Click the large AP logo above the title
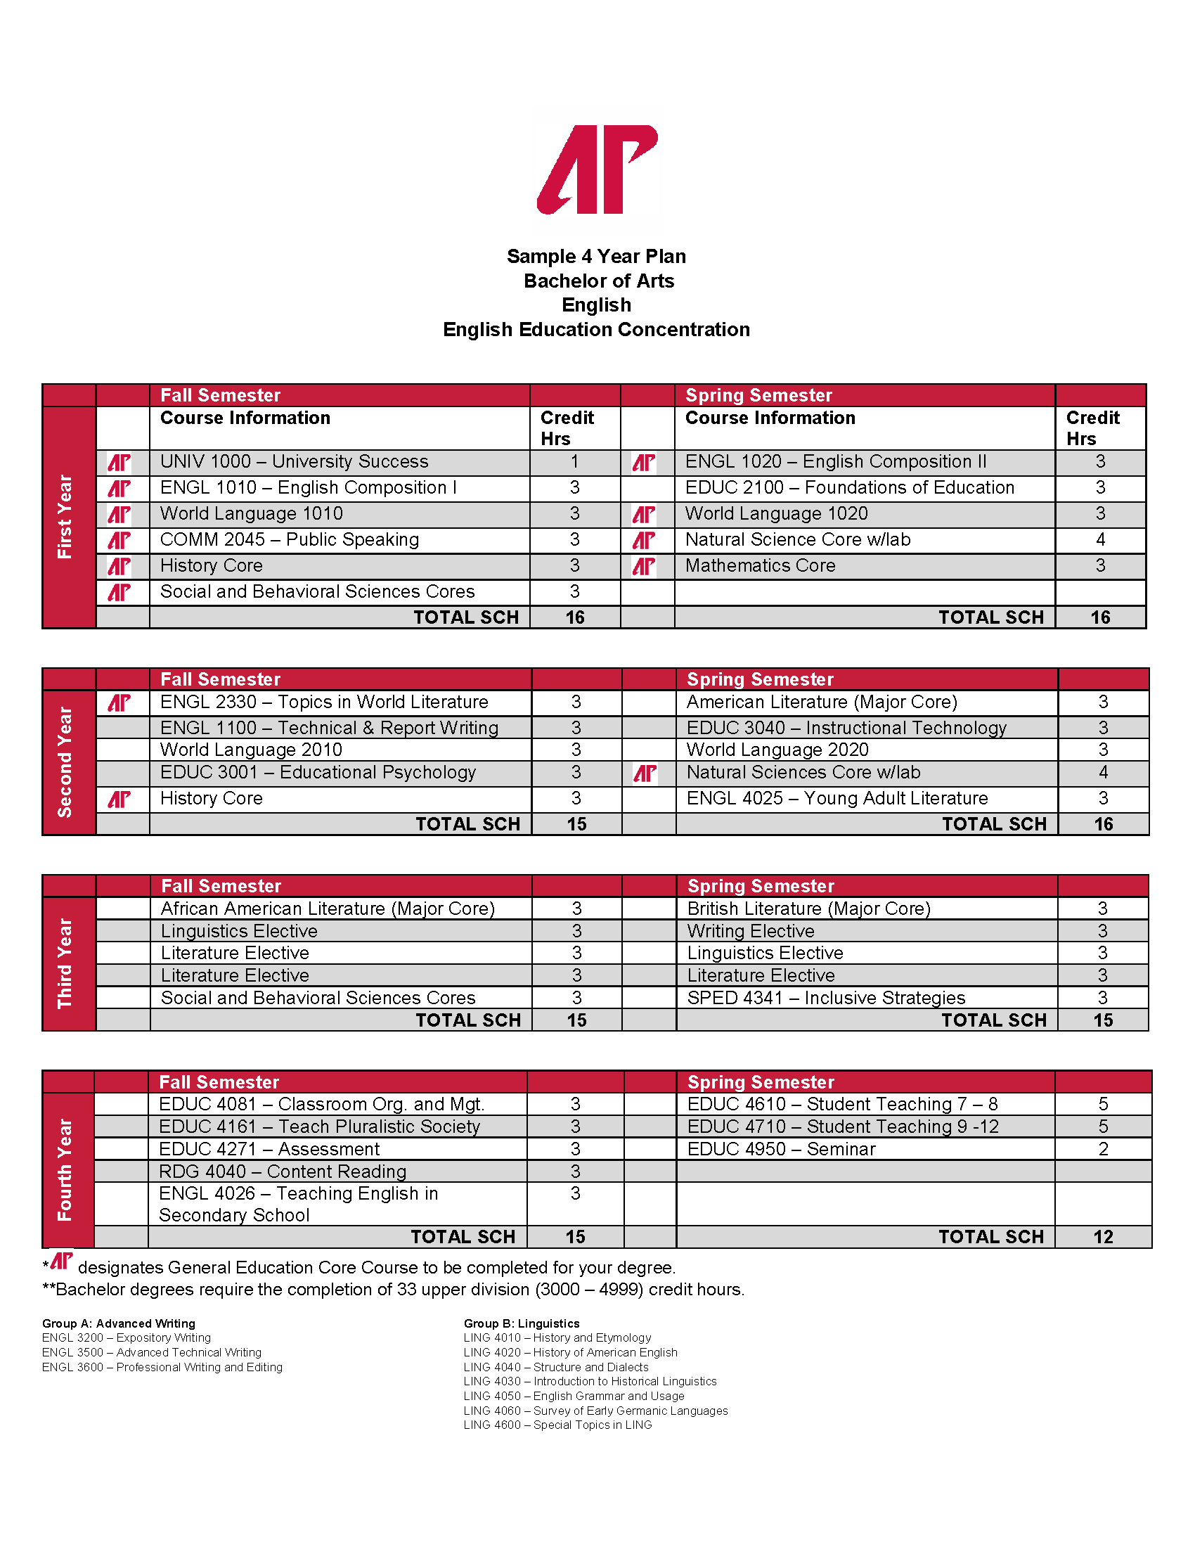coord(597,170)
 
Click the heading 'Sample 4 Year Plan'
coord(596,257)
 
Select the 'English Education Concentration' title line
coord(596,329)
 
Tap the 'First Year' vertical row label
coord(65,516)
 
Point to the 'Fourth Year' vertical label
coord(65,1169)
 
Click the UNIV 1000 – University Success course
coord(294,462)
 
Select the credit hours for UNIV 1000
coord(574,462)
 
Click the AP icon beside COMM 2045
coord(119,541)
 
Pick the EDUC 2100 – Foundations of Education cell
coord(850,488)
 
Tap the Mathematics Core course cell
coord(761,566)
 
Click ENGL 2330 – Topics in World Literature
coord(324,702)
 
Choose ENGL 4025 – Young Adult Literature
coord(836,798)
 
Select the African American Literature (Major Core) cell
coord(328,909)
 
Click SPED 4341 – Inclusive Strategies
coord(826,998)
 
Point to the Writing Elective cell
coord(751,931)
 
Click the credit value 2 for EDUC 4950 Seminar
coord(1103,1149)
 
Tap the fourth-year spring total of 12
coord(1103,1237)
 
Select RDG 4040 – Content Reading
coord(283,1172)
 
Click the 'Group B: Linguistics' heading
coord(521,1323)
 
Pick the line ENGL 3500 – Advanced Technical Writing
coord(152,1352)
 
